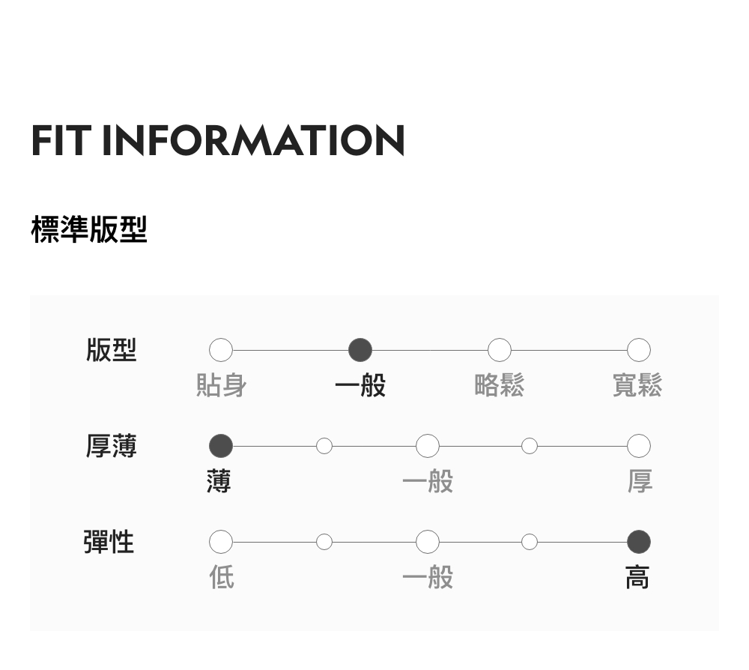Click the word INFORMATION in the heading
pyautogui.click(x=253, y=141)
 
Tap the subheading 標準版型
pyautogui.click(x=89, y=229)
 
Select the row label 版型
pyautogui.click(x=111, y=350)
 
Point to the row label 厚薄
pyautogui.click(x=111, y=446)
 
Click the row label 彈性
pyautogui.click(x=109, y=541)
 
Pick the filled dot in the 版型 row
pyautogui.click(x=360, y=350)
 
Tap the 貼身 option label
pyautogui.click(x=221, y=386)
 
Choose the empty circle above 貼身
pyautogui.click(x=221, y=350)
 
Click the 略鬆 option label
pyautogui.click(x=500, y=386)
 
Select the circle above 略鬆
pyautogui.click(x=500, y=350)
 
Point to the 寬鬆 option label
pyautogui.click(x=637, y=386)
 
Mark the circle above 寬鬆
pyautogui.click(x=639, y=350)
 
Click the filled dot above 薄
pyautogui.click(x=221, y=446)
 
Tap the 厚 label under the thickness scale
pyautogui.click(x=640, y=481)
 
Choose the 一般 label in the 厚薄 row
pyautogui.click(x=428, y=481)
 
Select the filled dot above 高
pyautogui.click(x=639, y=541)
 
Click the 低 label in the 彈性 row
pyautogui.click(x=222, y=577)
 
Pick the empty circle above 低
pyautogui.click(x=221, y=541)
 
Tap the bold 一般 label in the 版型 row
pyautogui.click(x=360, y=386)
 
